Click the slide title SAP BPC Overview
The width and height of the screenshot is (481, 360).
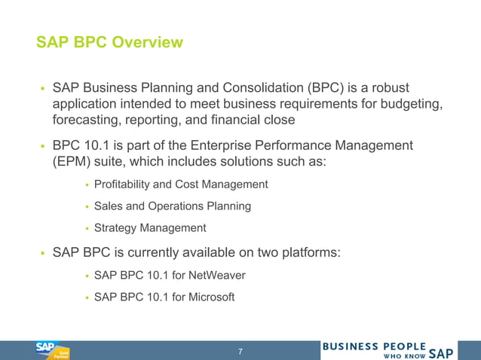[x=109, y=42]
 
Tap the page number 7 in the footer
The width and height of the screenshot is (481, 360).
[x=240, y=352]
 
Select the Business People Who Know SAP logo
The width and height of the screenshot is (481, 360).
[x=388, y=350]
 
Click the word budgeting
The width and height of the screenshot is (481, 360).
[x=406, y=104]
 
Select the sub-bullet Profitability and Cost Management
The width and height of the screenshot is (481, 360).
[x=181, y=185]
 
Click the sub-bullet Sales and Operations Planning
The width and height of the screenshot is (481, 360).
[x=173, y=206]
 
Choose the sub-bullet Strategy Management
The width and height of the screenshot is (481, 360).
[x=150, y=227]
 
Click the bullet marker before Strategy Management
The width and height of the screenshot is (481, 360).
[x=86, y=228]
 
